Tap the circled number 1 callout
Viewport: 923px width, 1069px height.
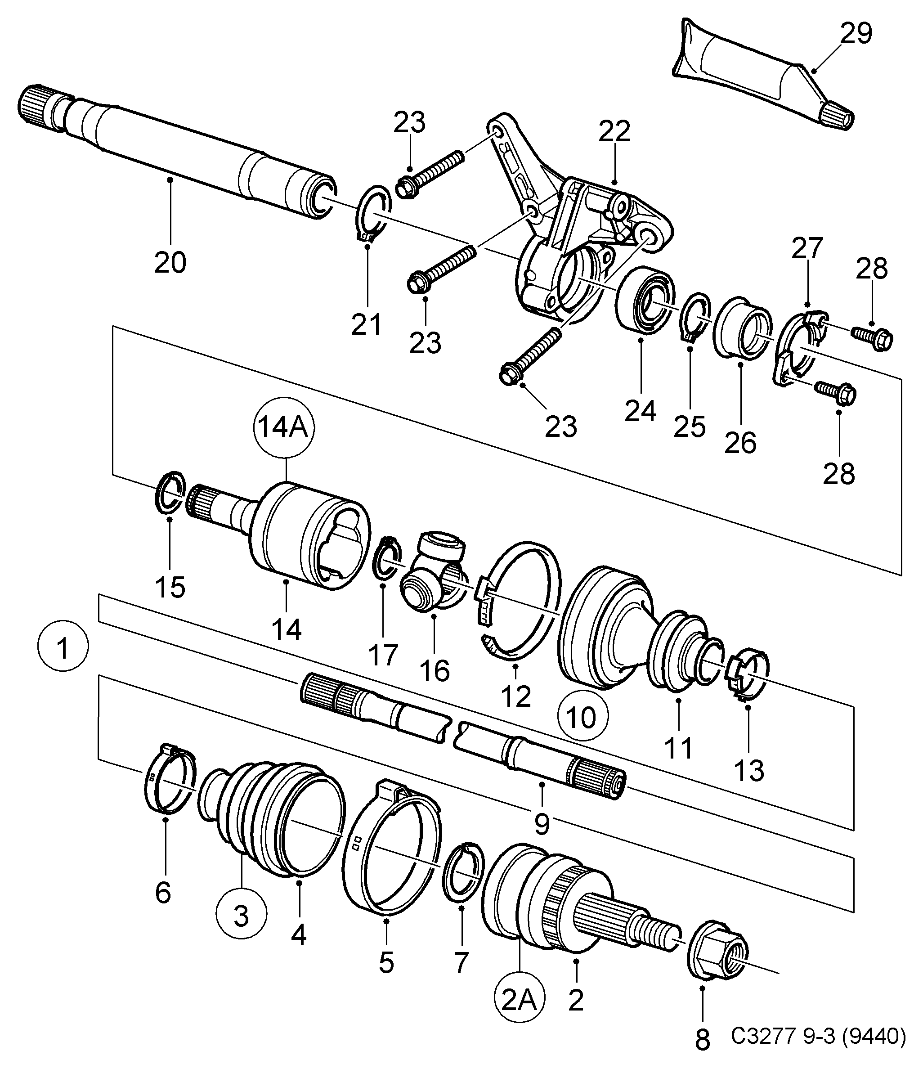tap(63, 648)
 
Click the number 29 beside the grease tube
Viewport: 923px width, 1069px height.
tap(856, 34)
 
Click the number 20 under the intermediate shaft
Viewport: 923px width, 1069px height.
tap(170, 263)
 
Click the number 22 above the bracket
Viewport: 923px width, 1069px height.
tap(614, 131)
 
